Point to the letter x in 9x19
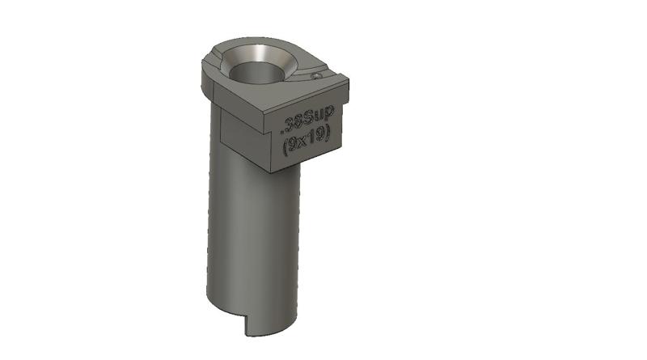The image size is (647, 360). (x=302, y=146)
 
